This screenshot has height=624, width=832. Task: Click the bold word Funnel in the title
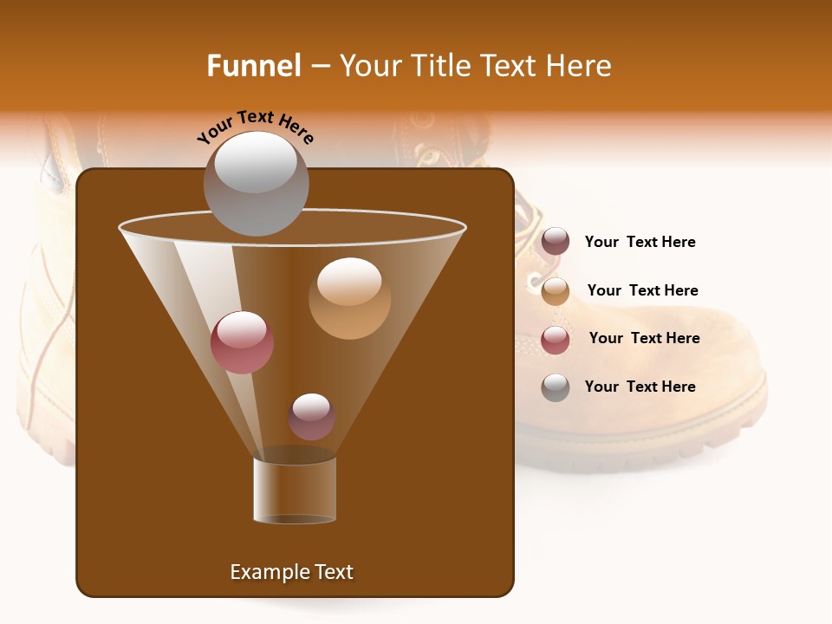(x=254, y=66)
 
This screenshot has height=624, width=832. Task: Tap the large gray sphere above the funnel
(x=256, y=183)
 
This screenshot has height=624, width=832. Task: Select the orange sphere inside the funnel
(x=349, y=298)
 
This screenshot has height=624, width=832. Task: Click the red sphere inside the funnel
(x=242, y=342)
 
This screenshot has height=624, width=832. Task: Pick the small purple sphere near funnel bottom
(x=311, y=416)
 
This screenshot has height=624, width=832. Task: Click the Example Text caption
(x=291, y=572)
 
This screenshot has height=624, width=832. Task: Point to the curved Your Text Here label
(x=256, y=127)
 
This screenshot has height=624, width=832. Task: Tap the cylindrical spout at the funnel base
(x=295, y=491)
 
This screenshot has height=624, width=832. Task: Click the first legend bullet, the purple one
(x=556, y=242)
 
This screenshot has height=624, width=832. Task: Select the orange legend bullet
(x=556, y=290)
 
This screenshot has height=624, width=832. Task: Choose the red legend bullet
(x=556, y=339)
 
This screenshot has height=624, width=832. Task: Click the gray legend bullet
(x=556, y=387)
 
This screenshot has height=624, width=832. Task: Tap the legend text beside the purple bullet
(x=640, y=242)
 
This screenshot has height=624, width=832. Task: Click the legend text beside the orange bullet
(x=642, y=290)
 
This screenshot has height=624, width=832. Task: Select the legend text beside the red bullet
(x=644, y=338)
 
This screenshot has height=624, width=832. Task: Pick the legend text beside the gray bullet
(x=640, y=387)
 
